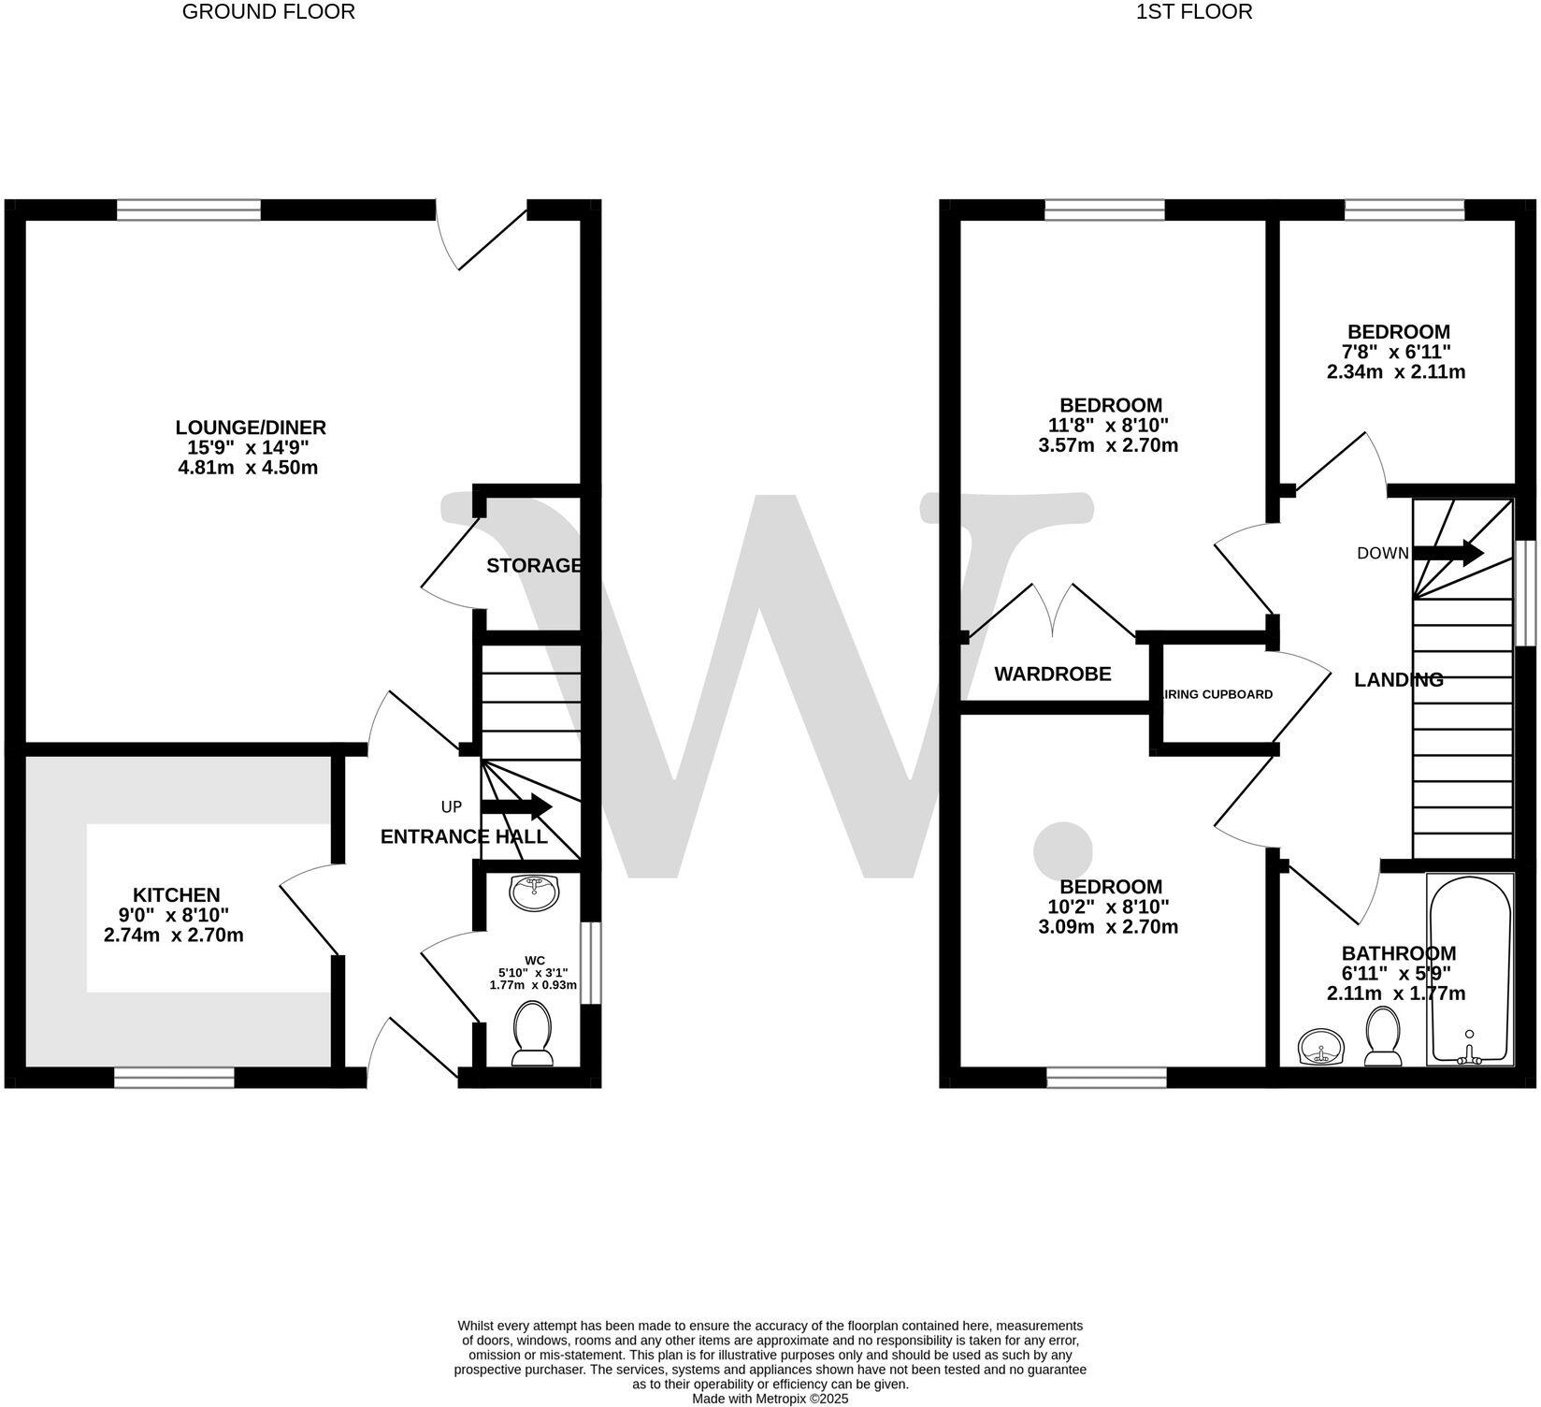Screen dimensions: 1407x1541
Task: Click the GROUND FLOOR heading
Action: coord(268,12)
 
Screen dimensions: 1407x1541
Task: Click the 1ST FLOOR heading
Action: coord(1194,12)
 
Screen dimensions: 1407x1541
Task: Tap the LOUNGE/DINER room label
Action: coord(251,428)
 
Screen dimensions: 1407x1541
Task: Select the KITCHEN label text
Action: coord(176,895)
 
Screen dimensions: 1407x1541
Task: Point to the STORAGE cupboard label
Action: coord(534,565)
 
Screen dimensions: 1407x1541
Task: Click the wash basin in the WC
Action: coord(535,892)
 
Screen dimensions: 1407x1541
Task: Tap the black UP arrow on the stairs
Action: coord(517,806)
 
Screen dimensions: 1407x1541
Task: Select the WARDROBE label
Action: coord(1052,674)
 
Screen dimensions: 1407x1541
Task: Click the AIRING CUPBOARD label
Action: coord(1217,694)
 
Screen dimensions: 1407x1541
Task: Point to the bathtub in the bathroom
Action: coord(1469,968)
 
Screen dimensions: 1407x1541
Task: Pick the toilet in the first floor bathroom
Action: coord(1383,1037)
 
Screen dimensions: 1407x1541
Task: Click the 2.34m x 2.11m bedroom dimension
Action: coord(1395,371)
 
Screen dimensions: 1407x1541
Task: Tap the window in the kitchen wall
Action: coord(174,1079)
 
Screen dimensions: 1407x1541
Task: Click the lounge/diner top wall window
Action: coord(189,210)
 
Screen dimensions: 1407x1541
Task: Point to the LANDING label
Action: coord(1398,680)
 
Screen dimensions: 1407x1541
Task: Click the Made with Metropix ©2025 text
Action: coord(770,1400)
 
